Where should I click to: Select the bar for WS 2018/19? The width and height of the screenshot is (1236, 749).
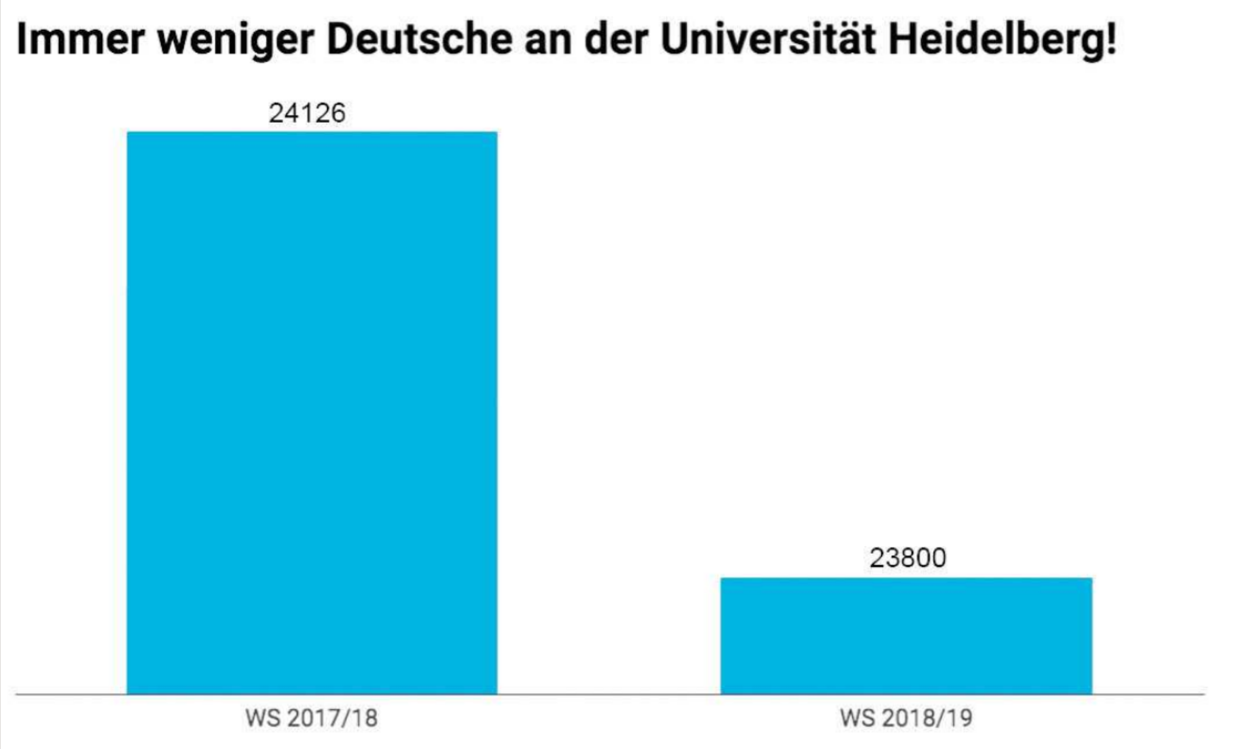coord(906,635)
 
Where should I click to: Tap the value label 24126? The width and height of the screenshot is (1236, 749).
coord(307,113)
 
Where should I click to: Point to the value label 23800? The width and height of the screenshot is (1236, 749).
coord(908,558)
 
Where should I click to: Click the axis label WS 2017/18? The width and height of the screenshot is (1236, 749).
coord(311,718)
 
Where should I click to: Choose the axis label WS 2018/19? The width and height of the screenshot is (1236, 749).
coord(906,718)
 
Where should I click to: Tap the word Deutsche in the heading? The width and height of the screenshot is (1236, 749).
coord(420,40)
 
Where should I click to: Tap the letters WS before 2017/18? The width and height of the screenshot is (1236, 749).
coord(262,718)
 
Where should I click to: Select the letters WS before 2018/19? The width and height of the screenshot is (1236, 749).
coord(856,718)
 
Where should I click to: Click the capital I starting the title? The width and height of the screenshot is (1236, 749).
coord(22,40)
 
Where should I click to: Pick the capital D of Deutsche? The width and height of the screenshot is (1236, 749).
coord(342,40)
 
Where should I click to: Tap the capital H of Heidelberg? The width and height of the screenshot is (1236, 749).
coord(904,40)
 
